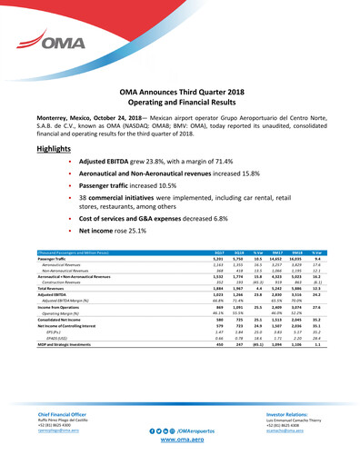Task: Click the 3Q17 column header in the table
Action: [193, 252]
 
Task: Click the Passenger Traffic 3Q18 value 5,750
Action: [215, 258]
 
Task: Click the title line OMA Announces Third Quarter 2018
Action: [180, 93]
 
